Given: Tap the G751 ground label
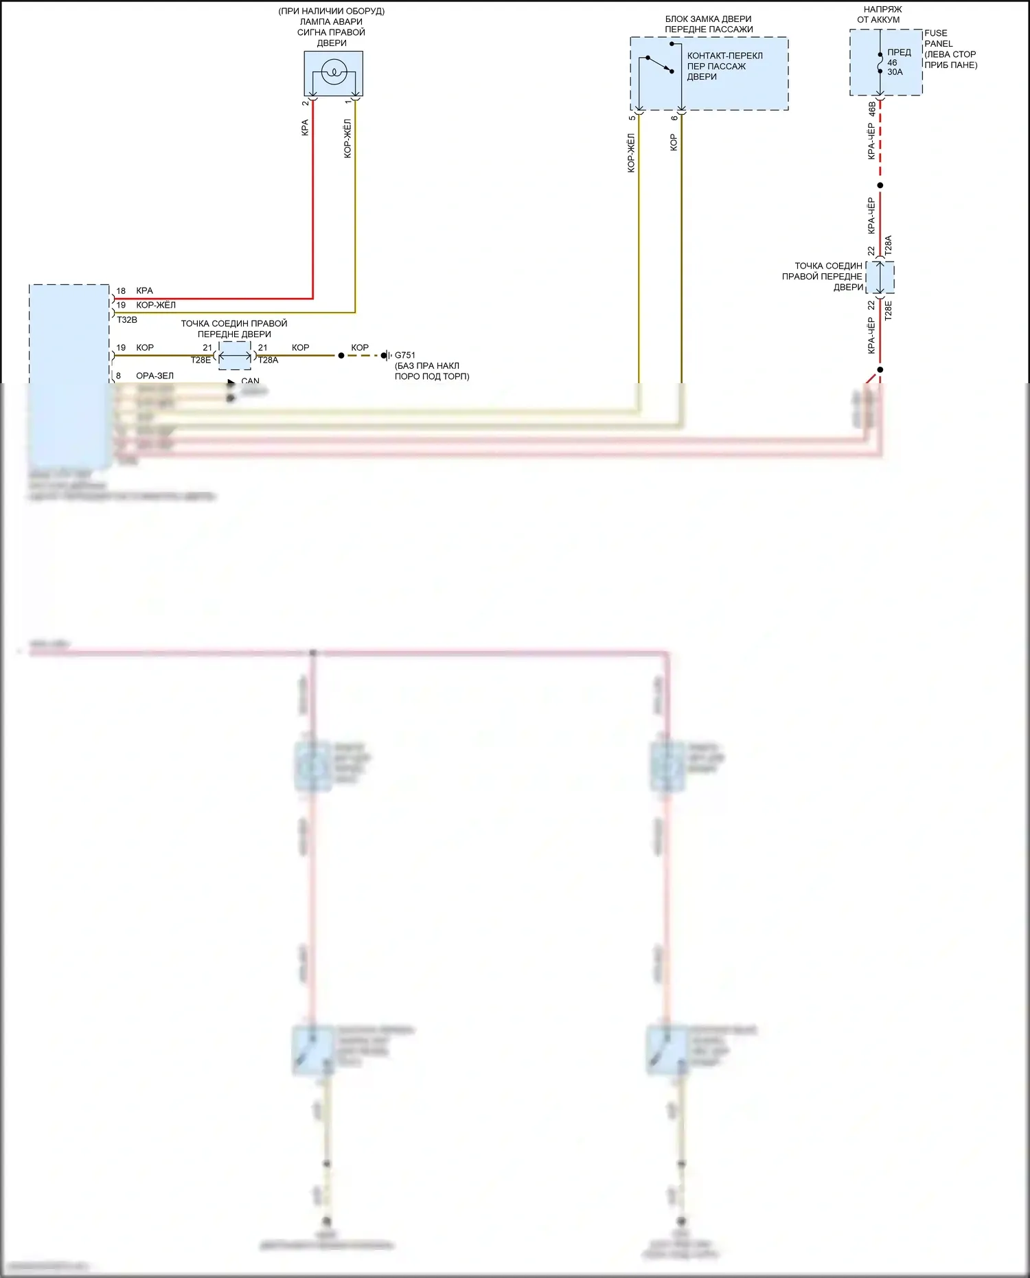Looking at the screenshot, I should coord(405,355).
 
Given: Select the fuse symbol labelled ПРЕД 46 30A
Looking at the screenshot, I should coord(880,62).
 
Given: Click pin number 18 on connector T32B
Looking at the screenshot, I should coord(121,291).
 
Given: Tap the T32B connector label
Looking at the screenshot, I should coord(127,320).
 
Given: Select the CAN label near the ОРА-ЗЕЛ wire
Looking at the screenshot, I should coord(251,381).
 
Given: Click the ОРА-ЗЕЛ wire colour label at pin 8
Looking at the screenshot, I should coord(154,376).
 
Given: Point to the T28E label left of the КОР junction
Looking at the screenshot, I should coord(201,360).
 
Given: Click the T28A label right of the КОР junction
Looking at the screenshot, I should coord(268,360).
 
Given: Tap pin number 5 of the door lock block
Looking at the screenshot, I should coord(632,118).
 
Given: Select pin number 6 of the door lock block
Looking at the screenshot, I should coord(674,118).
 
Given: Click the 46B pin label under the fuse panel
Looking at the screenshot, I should coord(872,109).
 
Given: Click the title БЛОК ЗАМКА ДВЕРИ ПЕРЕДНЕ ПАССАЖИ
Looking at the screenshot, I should coord(709,24).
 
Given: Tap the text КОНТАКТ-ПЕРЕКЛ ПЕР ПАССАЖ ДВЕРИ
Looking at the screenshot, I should coord(724,66).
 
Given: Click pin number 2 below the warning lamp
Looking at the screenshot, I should coord(306,104).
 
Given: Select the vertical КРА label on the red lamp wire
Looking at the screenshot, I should coord(305,128).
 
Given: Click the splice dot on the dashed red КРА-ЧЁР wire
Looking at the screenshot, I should coord(880,185).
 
